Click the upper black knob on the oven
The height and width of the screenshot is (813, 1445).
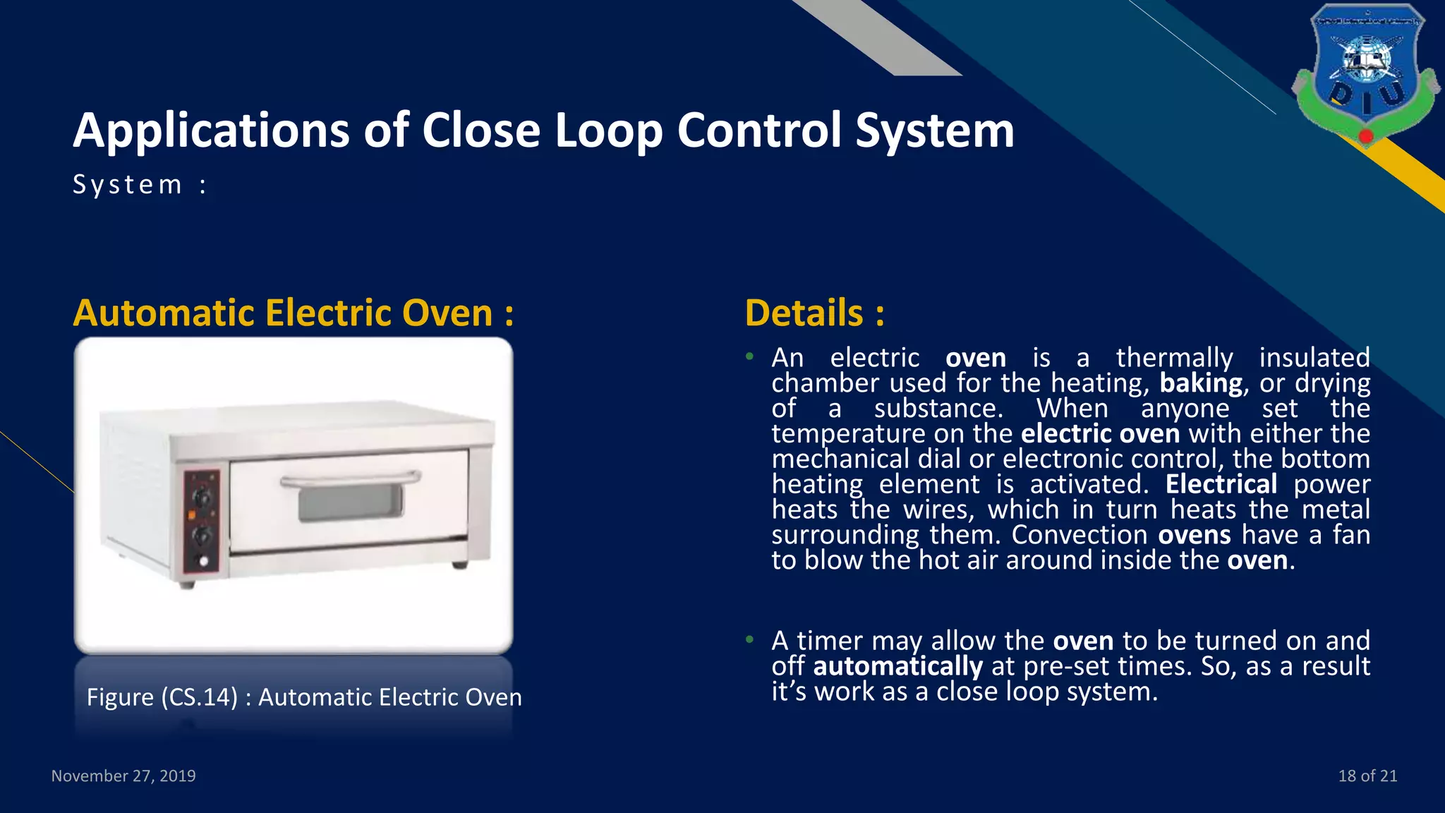tap(202, 497)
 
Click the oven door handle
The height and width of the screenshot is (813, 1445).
tap(350, 481)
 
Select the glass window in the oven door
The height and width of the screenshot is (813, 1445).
tap(351, 503)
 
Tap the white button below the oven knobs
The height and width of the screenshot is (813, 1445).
tap(204, 562)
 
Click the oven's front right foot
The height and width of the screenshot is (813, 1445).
tap(459, 565)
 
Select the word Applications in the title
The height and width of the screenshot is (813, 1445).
tap(211, 131)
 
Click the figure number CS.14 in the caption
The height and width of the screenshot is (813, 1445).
tap(200, 697)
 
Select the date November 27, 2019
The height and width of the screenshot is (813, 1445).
tap(123, 776)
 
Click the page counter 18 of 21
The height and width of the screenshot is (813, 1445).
tap(1367, 776)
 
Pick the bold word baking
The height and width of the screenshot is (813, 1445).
tap(1201, 383)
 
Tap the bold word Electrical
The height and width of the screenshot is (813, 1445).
tap(1221, 484)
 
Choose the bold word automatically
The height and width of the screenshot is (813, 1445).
tap(897, 666)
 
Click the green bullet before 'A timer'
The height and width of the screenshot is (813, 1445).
tap(750, 640)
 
